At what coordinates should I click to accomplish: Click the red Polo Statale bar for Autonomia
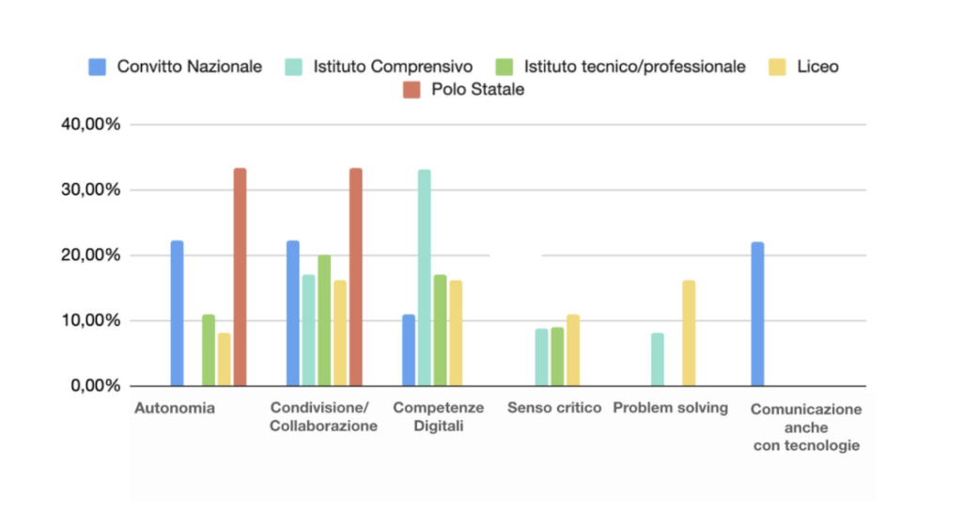[240, 277]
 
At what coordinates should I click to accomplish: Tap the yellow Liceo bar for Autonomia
[224, 359]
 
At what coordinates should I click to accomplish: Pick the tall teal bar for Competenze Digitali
[424, 277]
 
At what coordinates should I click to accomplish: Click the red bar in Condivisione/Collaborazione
[355, 277]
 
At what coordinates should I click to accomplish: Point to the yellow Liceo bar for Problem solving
[689, 333]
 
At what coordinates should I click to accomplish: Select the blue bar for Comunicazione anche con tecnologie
[757, 314]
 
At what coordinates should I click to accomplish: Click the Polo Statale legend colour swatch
[411, 90]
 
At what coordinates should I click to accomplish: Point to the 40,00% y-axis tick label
[92, 125]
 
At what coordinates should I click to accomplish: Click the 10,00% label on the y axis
[92, 320]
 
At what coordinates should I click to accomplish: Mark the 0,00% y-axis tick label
[96, 386]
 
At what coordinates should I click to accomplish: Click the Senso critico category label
[554, 408]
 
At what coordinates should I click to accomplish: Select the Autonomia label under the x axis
[175, 408]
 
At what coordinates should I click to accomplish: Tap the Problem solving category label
[670, 408]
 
